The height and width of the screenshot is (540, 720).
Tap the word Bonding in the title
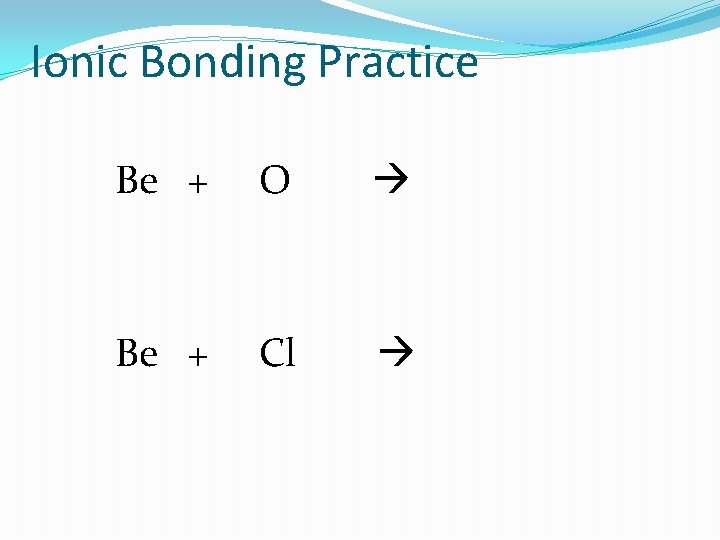point(225,62)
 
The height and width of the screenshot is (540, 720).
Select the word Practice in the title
point(398,62)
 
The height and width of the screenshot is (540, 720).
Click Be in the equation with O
point(137,181)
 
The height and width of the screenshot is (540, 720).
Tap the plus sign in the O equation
point(198,184)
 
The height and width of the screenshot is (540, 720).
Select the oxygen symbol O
point(275,181)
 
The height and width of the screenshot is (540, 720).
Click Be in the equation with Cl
point(137,353)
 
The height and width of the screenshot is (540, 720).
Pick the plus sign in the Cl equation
point(198,356)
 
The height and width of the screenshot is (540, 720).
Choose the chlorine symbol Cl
point(277,353)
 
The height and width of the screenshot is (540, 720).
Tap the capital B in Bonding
point(155,62)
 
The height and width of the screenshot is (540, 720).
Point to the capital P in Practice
point(329,62)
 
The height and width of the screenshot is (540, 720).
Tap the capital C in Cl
point(271,353)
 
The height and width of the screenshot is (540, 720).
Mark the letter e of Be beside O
point(148,184)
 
